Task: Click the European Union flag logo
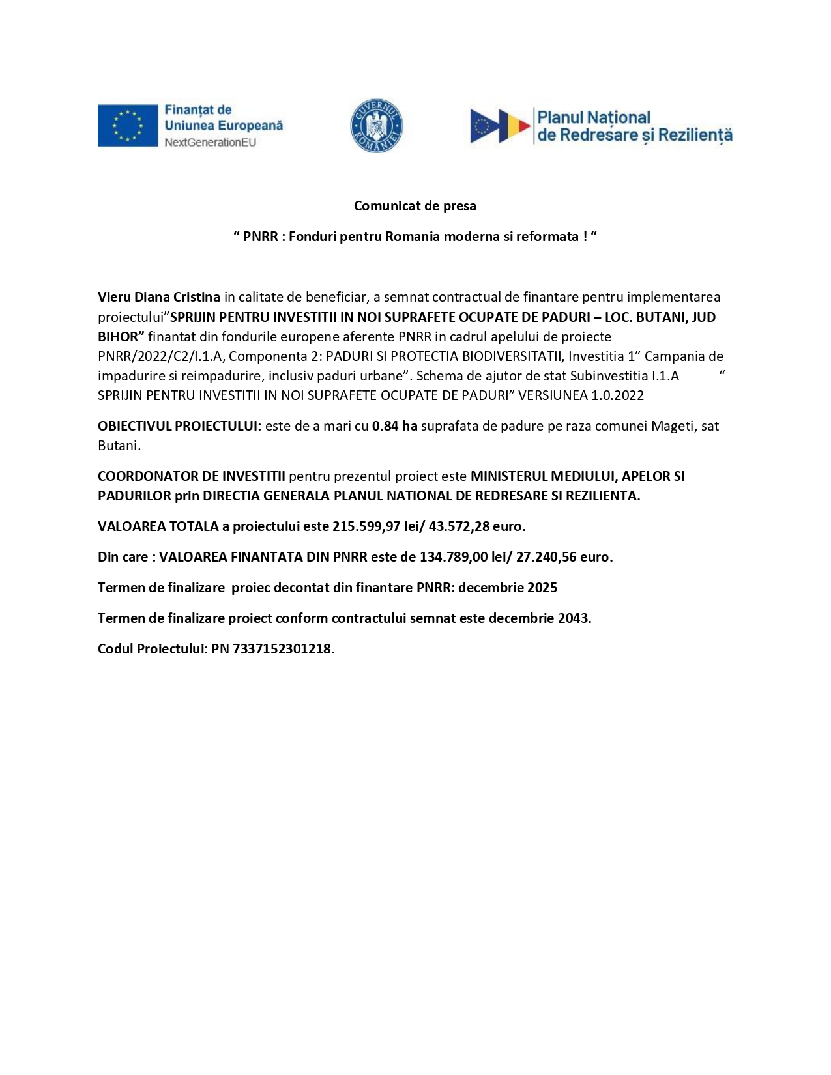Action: (x=128, y=125)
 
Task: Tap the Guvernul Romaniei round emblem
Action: (x=376, y=126)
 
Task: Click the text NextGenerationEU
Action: (x=210, y=142)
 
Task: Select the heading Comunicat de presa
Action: (x=415, y=206)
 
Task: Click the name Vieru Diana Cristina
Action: (x=159, y=297)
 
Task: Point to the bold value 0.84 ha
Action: (x=394, y=426)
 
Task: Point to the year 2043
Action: (x=574, y=618)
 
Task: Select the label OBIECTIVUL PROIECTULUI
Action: (x=179, y=426)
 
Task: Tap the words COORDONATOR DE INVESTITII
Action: (x=192, y=476)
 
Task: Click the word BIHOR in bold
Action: (x=118, y=337)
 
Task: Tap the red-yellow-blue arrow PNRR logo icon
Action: (x=500, y=126)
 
